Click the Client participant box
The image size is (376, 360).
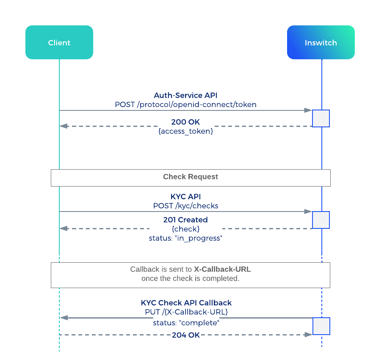click(59, 42)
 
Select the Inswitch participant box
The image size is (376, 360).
click(321, 42)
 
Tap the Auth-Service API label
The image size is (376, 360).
click(185, 95)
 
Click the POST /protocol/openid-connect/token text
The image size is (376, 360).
click(185, 104)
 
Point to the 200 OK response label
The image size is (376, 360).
click(185, 122)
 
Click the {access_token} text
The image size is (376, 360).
click(185, 131)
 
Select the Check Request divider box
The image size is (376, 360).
click(191, 178)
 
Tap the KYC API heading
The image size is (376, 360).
click(185, 197)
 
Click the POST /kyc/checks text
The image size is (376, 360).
click(185, 206)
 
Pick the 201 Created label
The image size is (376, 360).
click(185, 220)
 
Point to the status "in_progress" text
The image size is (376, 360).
click(185, 238)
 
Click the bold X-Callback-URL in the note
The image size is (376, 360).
click(222, 269)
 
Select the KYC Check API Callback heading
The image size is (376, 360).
click(186, 303)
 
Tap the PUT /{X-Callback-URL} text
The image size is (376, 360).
click(186, 312)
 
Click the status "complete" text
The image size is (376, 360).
click(186, 323)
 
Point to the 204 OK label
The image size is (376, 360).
click(186, 335)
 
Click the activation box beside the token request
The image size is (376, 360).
click(321, 118)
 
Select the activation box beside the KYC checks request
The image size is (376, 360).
click(321, 220)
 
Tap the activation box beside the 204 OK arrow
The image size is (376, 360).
click(321, 326)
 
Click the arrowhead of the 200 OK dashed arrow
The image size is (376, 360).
click(64, 126)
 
